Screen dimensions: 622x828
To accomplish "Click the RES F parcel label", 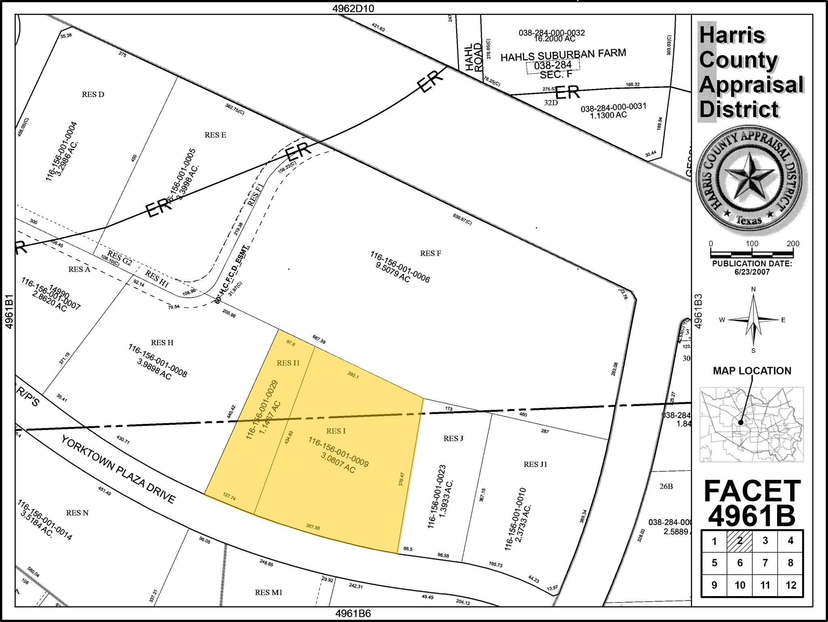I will [x=430, y=254].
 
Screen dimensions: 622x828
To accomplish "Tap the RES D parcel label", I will [x=93, y=95].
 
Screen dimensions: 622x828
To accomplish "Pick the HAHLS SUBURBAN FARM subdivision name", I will [x=563, y=55].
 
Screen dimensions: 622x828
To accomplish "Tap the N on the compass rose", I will [x=753, y=289].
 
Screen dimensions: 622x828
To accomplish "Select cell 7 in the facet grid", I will [x=765, y=563].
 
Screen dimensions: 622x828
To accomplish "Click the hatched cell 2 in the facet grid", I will [x=739, y=541].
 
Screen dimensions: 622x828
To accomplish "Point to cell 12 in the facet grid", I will [x=790, y=585].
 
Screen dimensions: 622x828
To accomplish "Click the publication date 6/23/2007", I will [x=752, y=272].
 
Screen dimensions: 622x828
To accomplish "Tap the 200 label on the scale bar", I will [x=793, y=244].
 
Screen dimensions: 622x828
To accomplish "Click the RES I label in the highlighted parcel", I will [x=336, y=431].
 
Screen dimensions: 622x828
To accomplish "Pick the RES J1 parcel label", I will [x=535, y=465].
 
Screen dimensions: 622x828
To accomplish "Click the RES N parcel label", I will [x=77, y=513].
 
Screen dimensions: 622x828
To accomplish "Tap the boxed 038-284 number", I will [x=553, y=65].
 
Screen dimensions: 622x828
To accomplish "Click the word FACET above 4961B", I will [x=752, y=491].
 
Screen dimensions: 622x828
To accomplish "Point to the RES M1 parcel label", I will [x=268, y=592].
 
